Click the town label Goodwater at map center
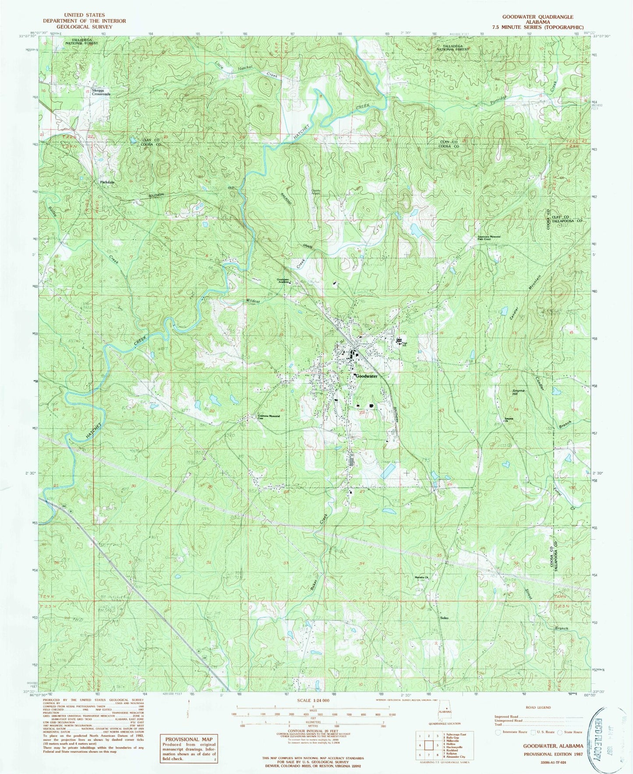coord(366,376)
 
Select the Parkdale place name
coord(106,182)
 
